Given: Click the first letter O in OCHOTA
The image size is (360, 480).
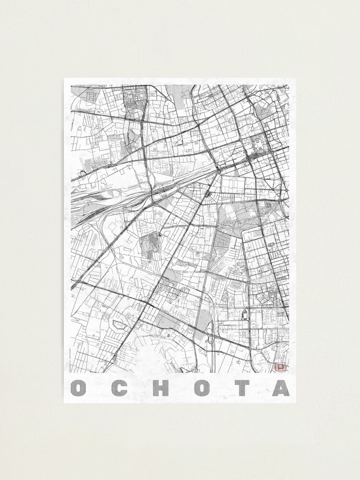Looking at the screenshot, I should pyautogui.click(x=79, y=388).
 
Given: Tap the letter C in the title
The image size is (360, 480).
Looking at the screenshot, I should pyautogui.click(x=121, y=388).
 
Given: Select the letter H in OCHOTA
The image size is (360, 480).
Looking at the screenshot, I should pyautogui.click(x=163, y=388).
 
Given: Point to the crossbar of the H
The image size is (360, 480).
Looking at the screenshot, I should pyautogui.click(x=163, y=388).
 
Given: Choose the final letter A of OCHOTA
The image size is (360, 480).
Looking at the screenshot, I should pyautogui.click(x=281, y=388).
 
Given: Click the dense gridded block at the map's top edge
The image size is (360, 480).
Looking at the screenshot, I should pyautogui.click(x=134, y=96).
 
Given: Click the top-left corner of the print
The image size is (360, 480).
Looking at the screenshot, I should pyautogui.click(x=64, y=78).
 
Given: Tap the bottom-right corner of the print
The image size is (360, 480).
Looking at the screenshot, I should pyautogui.click(x=296, y=402).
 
